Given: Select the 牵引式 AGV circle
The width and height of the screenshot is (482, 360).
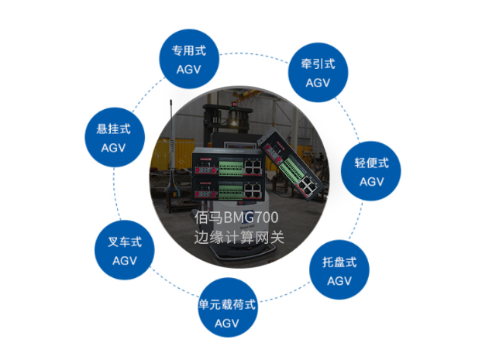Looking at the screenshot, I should click(318, 73).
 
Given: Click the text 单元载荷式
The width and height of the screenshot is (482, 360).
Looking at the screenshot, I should click(227, 304).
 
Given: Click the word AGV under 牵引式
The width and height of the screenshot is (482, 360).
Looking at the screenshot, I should click(318, 83).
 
